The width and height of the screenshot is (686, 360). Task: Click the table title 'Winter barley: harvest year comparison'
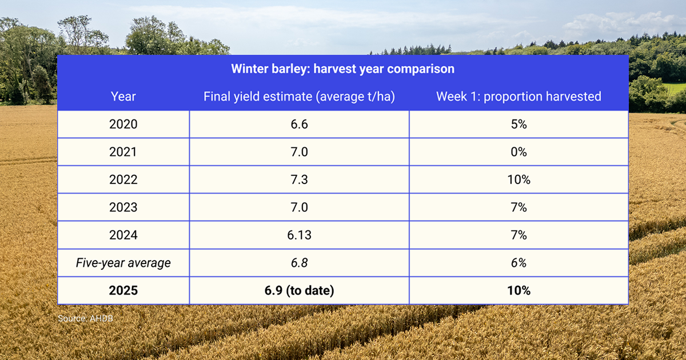tap(342, 69)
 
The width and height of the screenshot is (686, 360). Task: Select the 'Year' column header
tap(123, 97)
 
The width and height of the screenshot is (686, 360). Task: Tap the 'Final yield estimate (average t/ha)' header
tap(300, 97)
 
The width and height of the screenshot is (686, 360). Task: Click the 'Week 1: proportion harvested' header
tap(519, 97)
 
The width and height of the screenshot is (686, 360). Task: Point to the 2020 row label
tap(123, 124)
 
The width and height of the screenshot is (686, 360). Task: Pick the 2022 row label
tap(123, 179)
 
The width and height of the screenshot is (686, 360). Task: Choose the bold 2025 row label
tap(123, 290)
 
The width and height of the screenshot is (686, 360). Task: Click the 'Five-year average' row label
tap(123, 263)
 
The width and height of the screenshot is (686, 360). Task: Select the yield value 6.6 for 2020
tap(300, 124)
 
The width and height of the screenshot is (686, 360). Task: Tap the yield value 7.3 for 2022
tap(300, 179)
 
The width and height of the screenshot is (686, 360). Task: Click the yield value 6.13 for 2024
tap(300, 235)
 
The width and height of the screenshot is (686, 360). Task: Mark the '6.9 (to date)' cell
tap(300, 290)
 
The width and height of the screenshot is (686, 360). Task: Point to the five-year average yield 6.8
tap(300, 263)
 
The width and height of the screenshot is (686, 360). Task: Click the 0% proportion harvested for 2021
tap(519, 152)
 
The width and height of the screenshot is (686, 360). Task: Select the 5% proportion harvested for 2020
tap(519, 124)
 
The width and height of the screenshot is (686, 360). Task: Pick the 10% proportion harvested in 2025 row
tap(519, 290)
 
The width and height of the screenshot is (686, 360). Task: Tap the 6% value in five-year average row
tap(519, 263)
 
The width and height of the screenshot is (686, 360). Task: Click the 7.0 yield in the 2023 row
tap(300, 207)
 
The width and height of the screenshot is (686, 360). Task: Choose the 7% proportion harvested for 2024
tap(519, 235)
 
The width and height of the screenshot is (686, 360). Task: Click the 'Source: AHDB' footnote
tap(85, 318)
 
